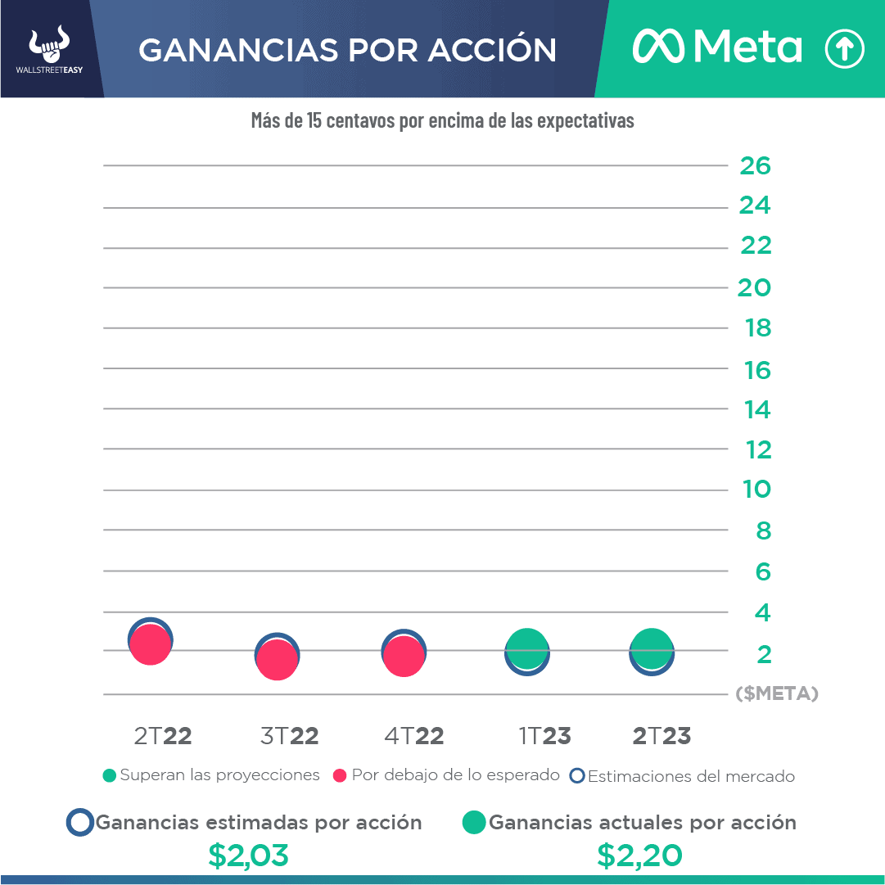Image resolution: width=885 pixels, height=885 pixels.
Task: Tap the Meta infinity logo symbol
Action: click(660, 48)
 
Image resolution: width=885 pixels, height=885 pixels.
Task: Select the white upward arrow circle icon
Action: click(844, 49)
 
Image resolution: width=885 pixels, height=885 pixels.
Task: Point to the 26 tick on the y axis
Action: click(755, 166)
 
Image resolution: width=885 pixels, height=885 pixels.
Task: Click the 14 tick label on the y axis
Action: click(757, 409)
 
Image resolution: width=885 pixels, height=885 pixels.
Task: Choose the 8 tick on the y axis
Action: click(763, 531)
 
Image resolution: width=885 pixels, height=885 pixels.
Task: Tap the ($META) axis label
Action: click(777, 693)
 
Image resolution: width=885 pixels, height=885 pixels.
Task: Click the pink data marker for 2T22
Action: click(150, 644)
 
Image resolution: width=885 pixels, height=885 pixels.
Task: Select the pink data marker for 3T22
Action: click(277, 659)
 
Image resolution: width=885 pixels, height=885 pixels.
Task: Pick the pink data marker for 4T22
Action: click(404, 657)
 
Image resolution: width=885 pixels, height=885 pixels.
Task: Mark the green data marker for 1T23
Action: click(527, 648)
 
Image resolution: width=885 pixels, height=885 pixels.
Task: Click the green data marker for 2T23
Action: click(652, 648)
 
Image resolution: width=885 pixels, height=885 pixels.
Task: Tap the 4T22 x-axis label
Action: click(414, 736)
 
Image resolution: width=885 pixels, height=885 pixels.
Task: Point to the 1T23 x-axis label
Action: click(544, 736)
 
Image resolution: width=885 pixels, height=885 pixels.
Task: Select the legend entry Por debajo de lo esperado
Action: click(447, 775)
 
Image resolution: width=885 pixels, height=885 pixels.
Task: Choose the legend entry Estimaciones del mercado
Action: click(683, 776)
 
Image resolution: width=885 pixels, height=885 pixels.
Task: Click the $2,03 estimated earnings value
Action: click(248, 856)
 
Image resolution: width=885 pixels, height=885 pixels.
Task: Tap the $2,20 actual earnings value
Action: click(639, 856)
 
